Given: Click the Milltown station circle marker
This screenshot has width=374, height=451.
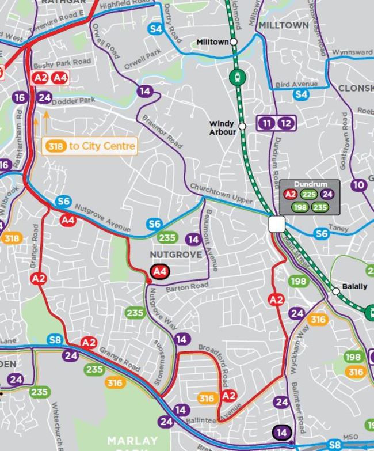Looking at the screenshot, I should pyautogui.click(x=234, y=42).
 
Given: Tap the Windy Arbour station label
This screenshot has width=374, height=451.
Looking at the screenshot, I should pyautogui.click(x=222, y=128).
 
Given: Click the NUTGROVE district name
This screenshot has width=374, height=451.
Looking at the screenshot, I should pyautogui.click(x=176, y=254).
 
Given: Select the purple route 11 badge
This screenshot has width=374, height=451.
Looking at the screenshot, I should pyautogui.click(x=266, y=123).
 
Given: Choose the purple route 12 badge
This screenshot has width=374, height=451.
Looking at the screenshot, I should pyautogui.click(x=286, y=123).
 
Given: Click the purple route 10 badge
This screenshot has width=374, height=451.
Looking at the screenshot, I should pyautogui.click(x=358, y=185).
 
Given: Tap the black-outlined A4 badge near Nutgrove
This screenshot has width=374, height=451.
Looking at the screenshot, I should pyautogui.click(x=160, y=271).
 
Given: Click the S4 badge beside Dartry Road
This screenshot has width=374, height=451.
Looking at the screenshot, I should pyautogui.click(x=155, y=29).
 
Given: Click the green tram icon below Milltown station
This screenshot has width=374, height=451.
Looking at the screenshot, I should pyautogui.click(x=236, y=76).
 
